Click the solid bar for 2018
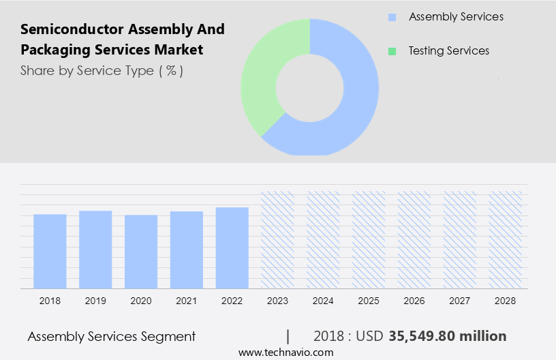pos(50,251)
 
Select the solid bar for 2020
pos(141,252)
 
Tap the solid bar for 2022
pos(232,247)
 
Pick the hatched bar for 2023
pos(277,239)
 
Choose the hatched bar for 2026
pos(414,239)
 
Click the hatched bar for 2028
pos(506,239)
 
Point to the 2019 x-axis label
pos(95,301)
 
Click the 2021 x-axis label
pos(187,301)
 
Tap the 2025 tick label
pos(369,301)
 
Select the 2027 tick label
pos(460,301)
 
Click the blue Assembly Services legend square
pos(391,17)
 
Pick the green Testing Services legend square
pos(391,51)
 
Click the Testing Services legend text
pos(448,51)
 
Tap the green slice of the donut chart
pos(262,75)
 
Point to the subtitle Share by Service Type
pos(102,71)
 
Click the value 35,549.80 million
pos(447,336)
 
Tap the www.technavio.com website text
pos(285,352)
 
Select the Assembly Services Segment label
pos(111,336)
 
